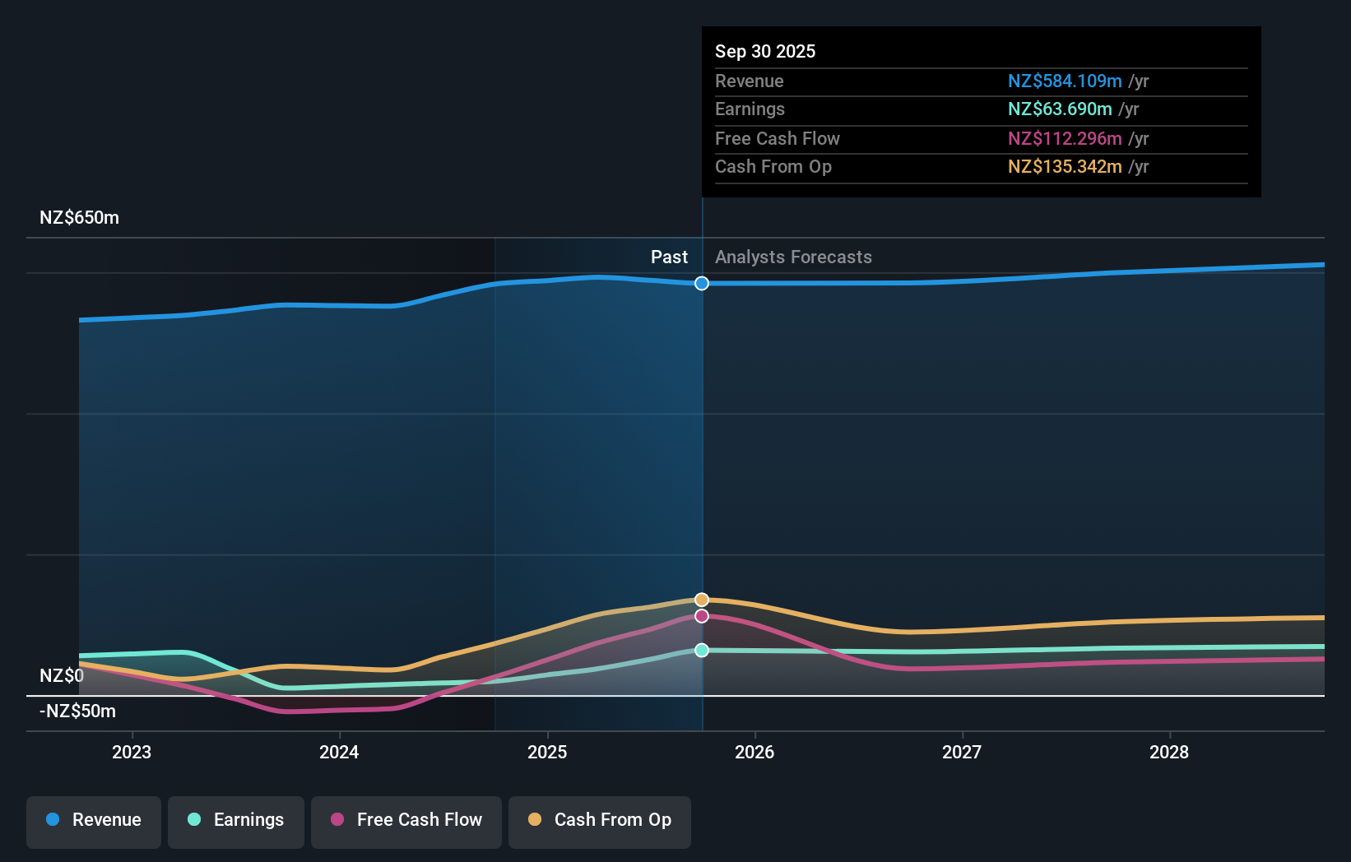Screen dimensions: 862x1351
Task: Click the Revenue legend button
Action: click(94, 820)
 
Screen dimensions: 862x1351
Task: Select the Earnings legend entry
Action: click(236, 820)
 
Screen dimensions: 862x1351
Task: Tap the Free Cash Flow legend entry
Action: click(406, 820)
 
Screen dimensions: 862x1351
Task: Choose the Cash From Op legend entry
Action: click(600, 820)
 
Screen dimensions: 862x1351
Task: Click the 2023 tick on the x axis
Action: click(132, 752)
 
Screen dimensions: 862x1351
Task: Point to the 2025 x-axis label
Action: click(547, 752)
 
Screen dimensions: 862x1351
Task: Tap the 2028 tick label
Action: click(1169, 752)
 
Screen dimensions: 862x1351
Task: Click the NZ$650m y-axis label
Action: click(79, 218)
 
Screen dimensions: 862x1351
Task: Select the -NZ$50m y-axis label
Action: click(77, 711)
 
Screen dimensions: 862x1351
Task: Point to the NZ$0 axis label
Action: click(62, 676)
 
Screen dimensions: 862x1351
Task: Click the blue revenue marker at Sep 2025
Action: click(702, 284)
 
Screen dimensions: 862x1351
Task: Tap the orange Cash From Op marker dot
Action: click(702, 600)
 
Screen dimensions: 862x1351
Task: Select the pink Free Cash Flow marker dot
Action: click(702, 616)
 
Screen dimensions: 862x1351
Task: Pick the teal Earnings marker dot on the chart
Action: click(702, 650)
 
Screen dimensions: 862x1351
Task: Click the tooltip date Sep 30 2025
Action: click(765, 51)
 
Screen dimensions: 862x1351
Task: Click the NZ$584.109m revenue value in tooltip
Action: click(1065, 81)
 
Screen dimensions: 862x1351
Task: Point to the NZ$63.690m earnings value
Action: click(1060, 109)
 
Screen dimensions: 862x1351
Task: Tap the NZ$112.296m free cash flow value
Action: click(1065, 138)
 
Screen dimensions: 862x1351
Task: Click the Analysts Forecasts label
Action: click(793, 257)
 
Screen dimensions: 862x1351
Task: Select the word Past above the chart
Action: click(669, 257)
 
